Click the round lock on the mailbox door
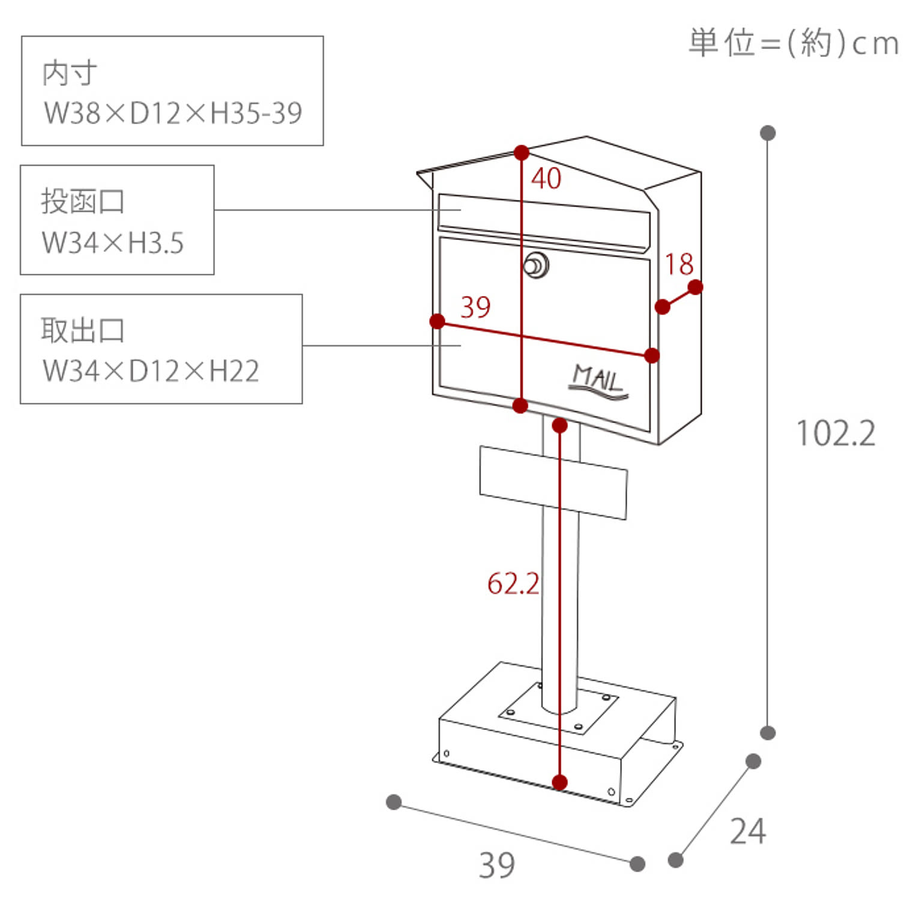536,265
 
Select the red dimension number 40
546,178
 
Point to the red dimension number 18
679,264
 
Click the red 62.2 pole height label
513,583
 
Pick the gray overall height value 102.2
836,433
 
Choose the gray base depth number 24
748,831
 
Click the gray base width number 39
497,865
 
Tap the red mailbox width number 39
475,307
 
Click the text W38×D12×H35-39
173,113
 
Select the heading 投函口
83,201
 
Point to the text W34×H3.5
113,243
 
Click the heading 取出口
83,330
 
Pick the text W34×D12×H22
151,371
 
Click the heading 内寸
70,73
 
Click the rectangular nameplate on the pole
553,482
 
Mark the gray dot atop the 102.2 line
768,133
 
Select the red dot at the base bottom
559,782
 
